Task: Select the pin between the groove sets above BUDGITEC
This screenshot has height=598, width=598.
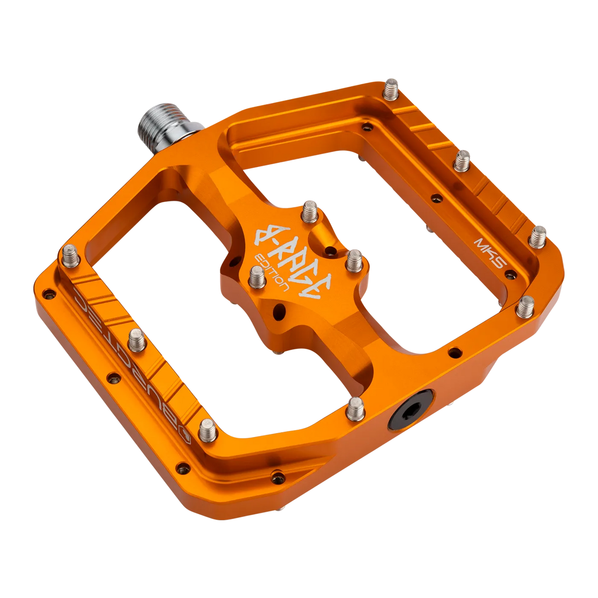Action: pyautogui.click(x=136, y=339)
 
